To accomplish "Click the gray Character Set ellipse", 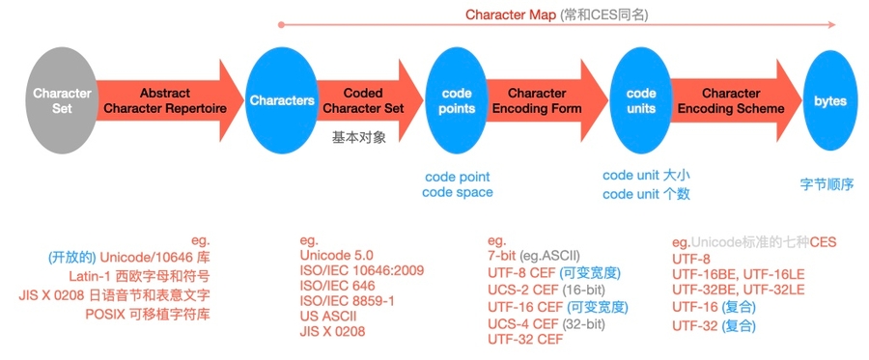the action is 62,100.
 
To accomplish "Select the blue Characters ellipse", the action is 281,100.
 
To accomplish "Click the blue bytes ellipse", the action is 830,100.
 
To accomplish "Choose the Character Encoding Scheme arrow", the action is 736,100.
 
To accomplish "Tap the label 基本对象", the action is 358,137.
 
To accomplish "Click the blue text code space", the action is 458,192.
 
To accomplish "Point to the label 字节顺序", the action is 827,184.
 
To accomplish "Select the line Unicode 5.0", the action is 336,256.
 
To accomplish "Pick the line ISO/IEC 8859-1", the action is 346,301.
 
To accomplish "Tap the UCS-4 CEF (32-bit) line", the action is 546,323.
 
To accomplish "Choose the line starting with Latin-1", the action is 140,275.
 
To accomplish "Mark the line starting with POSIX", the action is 148,314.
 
